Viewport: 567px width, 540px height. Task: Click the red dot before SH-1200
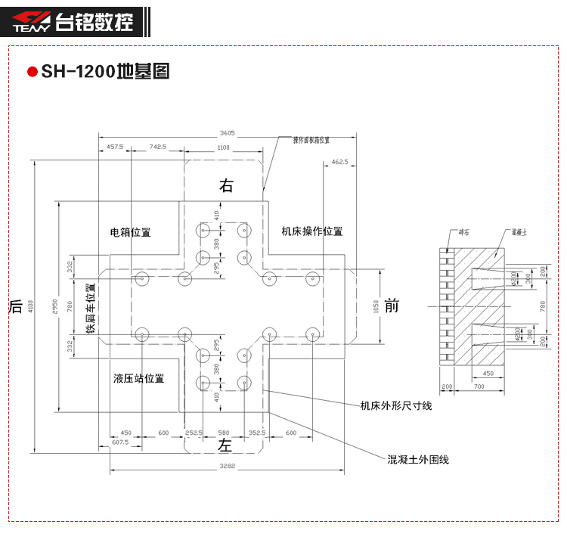pyautogui.click(x=32, y=73)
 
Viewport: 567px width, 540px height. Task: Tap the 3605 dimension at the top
pyautogui.click(x=227, y=132)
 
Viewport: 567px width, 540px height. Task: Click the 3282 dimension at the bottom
pyautogui.click(x=227, y=467)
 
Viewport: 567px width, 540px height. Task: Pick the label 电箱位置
pyautogui.click(x=131, y=232)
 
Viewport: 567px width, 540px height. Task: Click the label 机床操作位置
pyautogui.click(x=312, y=231)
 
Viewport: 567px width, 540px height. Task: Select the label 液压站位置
pyautogui.click(x=139, y=378)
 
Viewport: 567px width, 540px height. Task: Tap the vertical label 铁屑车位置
pyautogui.click(x=91, y=308)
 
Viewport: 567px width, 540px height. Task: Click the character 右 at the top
pyautogui.click(x=226, y=186)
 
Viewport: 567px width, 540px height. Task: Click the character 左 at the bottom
pyautogui.click(x=225, y=445)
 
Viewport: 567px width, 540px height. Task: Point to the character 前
pyautogui.click(x=391, y=306)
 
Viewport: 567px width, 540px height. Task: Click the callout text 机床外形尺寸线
pyautogui.click(x=396, y=406)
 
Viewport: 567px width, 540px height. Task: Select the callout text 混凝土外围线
pyautogui.click(x=418, y=459)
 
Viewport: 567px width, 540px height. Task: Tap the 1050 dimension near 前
pyautogui.click(x=376, y=306)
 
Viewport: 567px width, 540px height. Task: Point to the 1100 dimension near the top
pyautogui.click(x=223, y=147)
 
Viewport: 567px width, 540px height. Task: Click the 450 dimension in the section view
pyautogui.click(x=488, y=373)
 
